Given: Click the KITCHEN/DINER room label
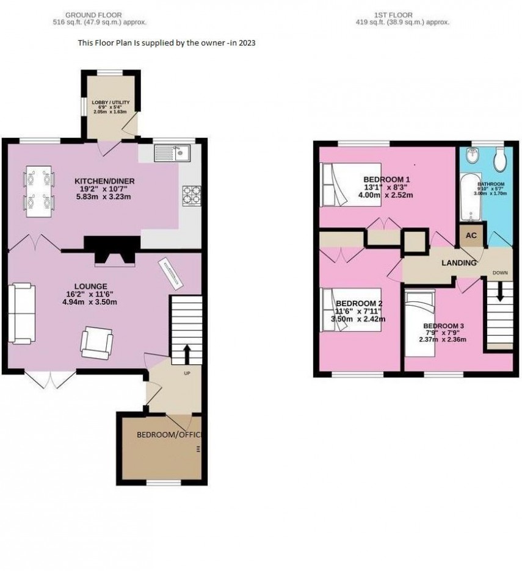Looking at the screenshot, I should (x=104, y=181).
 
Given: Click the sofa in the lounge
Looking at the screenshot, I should (x=22, y=312).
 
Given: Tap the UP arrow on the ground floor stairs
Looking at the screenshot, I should (x=186, y=353).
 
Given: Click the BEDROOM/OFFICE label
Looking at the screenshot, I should (x=168, y=435).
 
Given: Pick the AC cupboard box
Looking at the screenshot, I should (x=471, y=235).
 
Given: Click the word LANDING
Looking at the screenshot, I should (x=459, y=263).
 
